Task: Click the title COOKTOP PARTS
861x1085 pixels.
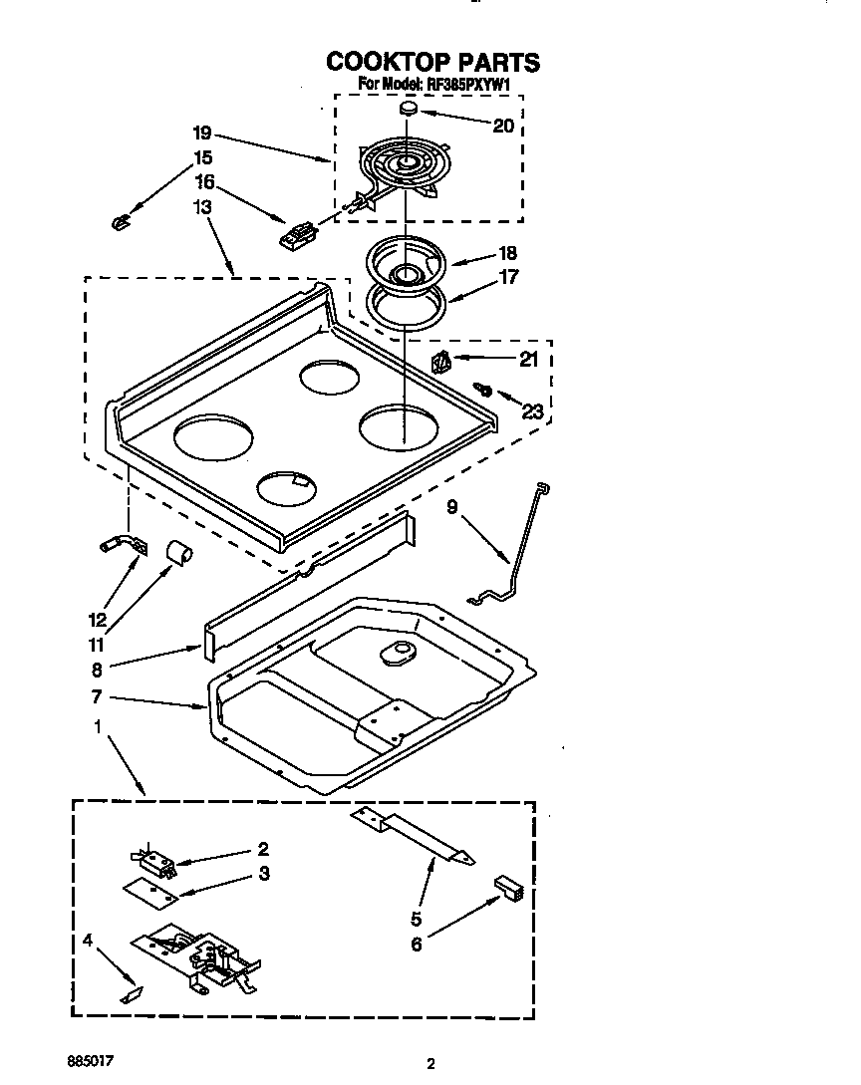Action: [432, 62]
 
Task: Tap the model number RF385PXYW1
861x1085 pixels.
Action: [468, 86]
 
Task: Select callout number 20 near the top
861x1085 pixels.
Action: [503, 125]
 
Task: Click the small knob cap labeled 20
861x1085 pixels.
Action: [410, 108]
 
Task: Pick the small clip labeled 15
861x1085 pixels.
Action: [122, 220]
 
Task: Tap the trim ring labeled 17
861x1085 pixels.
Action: [406, 304]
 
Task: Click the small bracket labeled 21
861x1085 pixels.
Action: [440, 360]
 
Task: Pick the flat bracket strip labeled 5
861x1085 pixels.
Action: [413, 833]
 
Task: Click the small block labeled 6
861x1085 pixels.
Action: [507, 887]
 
